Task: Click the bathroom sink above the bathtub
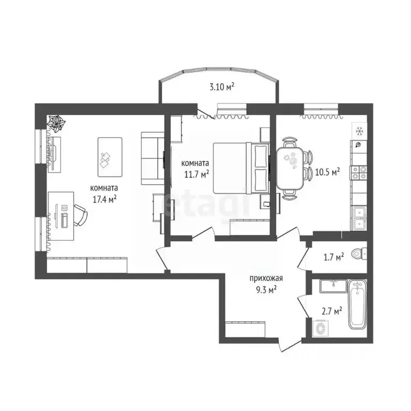click(x=333, y=285)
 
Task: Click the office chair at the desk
click(x=79, y=217)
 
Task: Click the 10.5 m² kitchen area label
click(x=328, y=172)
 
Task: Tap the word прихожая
click(x=265, y=278)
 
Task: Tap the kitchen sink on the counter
click(x=359, y=217)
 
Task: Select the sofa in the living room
click(x=153, y=159)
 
